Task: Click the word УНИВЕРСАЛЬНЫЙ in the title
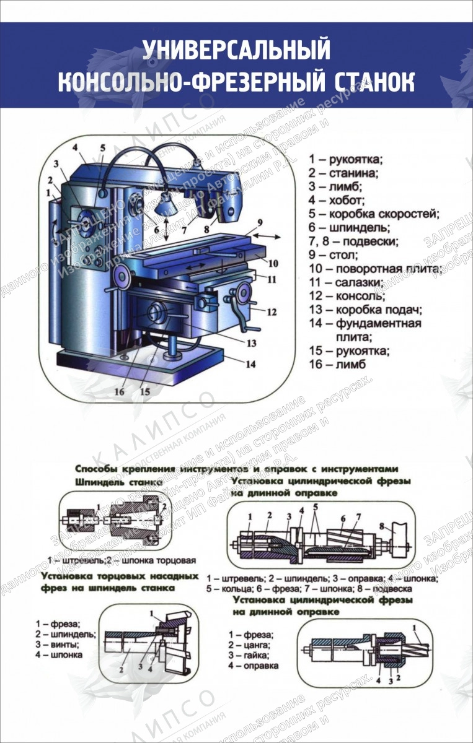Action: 236,50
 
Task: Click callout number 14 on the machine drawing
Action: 250,365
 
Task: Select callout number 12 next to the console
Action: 271,312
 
